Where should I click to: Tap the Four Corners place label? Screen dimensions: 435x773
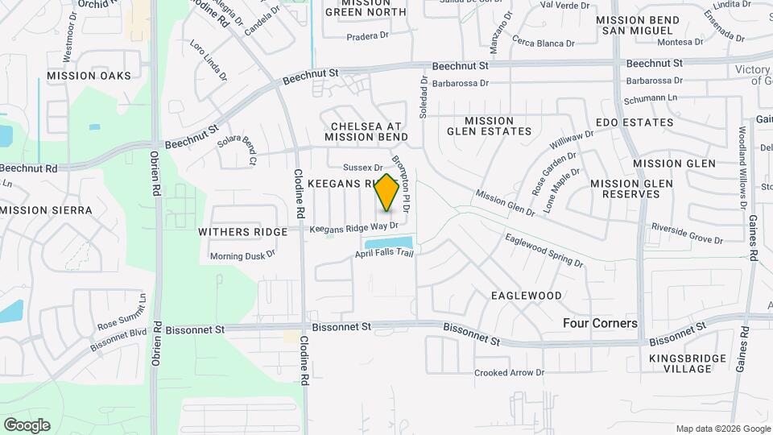click(x=599, y=323)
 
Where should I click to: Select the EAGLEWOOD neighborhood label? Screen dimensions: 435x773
click(x=527, y=296)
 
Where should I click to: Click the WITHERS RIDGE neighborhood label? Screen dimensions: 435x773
click(x=243, y=232)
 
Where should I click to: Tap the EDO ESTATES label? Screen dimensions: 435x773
click(x=635, y=122)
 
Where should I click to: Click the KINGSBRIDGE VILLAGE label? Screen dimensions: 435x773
click(x=680, y=362)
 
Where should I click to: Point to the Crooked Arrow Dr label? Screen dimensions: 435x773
click(x=509, y=372)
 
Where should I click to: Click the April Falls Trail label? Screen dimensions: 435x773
click(x=384, y=254)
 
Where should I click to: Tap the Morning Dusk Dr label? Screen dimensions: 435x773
click(x=242, y=255)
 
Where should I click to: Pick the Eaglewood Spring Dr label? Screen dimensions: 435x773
click(x=544, y=250)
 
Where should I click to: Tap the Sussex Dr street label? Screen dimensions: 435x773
click(x=362, y=168)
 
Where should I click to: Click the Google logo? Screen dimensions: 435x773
click(x=27, y=425)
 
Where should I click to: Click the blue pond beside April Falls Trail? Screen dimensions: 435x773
click(x=388, y=243)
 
